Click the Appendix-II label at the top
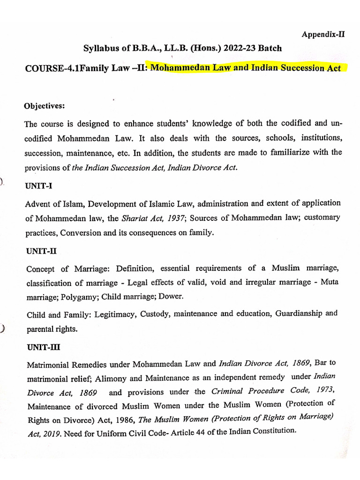[323, 34]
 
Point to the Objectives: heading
[45, 106]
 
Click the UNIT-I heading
[39, 186]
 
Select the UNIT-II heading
[41, 251]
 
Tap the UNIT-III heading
[43, 348]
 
